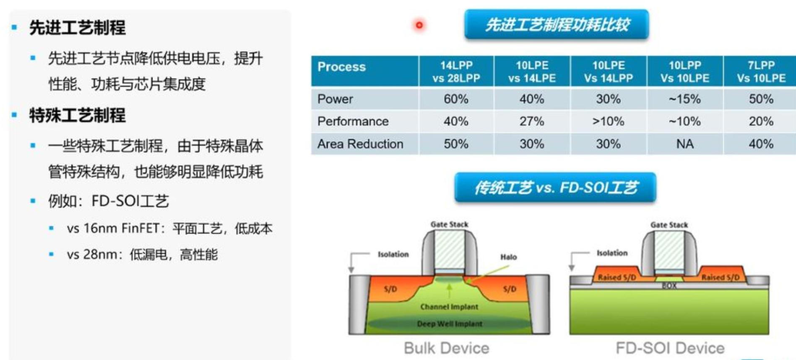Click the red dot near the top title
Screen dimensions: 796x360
click(x=419, y=25)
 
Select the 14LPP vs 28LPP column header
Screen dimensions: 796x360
click(x=456, y=72)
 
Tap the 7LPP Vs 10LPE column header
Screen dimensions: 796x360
click(x=761, y=72)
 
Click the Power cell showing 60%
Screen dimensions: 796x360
click(x=456, y=99)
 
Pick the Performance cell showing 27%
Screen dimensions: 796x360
click(x=532, y=121)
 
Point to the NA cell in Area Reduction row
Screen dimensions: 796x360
click(x=685, y=144)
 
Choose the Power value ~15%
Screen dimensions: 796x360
click(x=684, y=99)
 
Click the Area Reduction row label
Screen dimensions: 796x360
click(x=360, y=144)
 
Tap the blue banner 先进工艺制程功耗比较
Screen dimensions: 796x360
click(x=557, y=25)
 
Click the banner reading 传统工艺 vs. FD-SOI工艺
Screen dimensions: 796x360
click(x=555, y=188)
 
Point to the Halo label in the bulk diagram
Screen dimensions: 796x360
click(x=508, y=257)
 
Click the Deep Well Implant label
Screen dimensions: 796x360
click(x=450, y=324)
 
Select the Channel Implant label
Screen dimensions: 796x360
click(x=449, y=307)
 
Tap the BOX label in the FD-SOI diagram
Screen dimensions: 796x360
click(x=669, y=286)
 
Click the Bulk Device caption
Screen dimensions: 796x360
click(x=447, y=348)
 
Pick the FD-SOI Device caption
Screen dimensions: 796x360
click(x=670, y=348)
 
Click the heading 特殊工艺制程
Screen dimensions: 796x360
click(x=77, y=115)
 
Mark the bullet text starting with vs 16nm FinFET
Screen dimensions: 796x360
click(x=169, y=229)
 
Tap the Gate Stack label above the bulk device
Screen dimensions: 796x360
click(x=449, y=224)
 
